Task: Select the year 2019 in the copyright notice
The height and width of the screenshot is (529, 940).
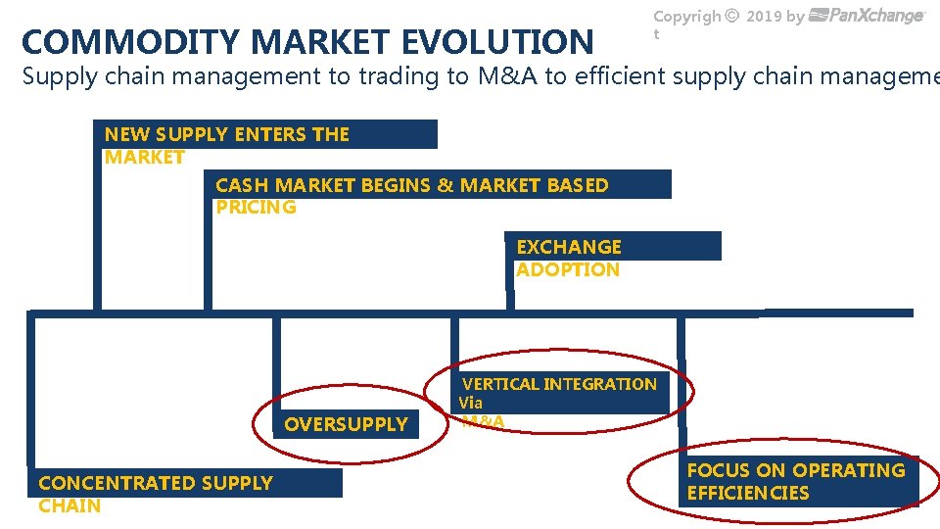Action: click(x=764, y=16)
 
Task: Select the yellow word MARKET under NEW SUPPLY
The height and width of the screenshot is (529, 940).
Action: click(x=144, y=157)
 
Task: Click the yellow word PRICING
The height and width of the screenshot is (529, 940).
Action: click(x=256, y=207)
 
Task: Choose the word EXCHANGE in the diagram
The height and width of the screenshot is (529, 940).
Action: click(x=569, y=247)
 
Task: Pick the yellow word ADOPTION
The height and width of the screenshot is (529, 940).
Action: click(x=568, y=269)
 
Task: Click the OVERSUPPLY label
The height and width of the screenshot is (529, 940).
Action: click(x=346, y=424)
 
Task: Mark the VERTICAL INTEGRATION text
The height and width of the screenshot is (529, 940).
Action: click(x=559, y=384)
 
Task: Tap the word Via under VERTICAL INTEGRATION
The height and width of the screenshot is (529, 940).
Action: click(x=471, y=403)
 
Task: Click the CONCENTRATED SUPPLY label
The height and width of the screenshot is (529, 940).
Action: click(x=156, y=483)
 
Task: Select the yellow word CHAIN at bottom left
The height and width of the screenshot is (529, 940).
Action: click(x=70, y=505)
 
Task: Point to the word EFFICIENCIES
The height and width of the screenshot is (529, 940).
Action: click(x=748, y=493)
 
